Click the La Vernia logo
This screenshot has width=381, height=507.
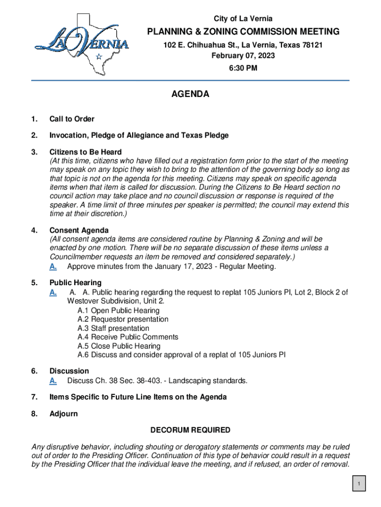(82, 45)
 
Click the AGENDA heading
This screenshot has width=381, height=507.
(190, 94)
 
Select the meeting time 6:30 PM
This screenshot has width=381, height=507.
(243, 68)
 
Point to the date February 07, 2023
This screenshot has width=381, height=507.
(243, 56)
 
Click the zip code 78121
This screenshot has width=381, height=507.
(312, 45)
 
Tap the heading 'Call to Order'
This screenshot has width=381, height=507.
(72, 119)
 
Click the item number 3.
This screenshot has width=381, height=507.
(34, 152)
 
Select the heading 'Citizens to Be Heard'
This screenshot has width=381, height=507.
(85, 152)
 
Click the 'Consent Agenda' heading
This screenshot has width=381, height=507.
(79, 230)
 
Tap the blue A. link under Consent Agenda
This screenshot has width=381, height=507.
(53, 267)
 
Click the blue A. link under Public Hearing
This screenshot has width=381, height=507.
(53, 293)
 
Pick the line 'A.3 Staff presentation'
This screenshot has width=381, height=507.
(113, 328)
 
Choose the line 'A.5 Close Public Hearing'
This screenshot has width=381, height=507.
(119, 346)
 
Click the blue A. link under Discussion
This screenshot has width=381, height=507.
(53, 381)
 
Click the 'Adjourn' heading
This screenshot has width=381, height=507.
(63, 413)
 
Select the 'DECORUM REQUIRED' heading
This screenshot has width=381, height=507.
(190, 430)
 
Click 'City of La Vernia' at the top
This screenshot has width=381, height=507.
(243, 19)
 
